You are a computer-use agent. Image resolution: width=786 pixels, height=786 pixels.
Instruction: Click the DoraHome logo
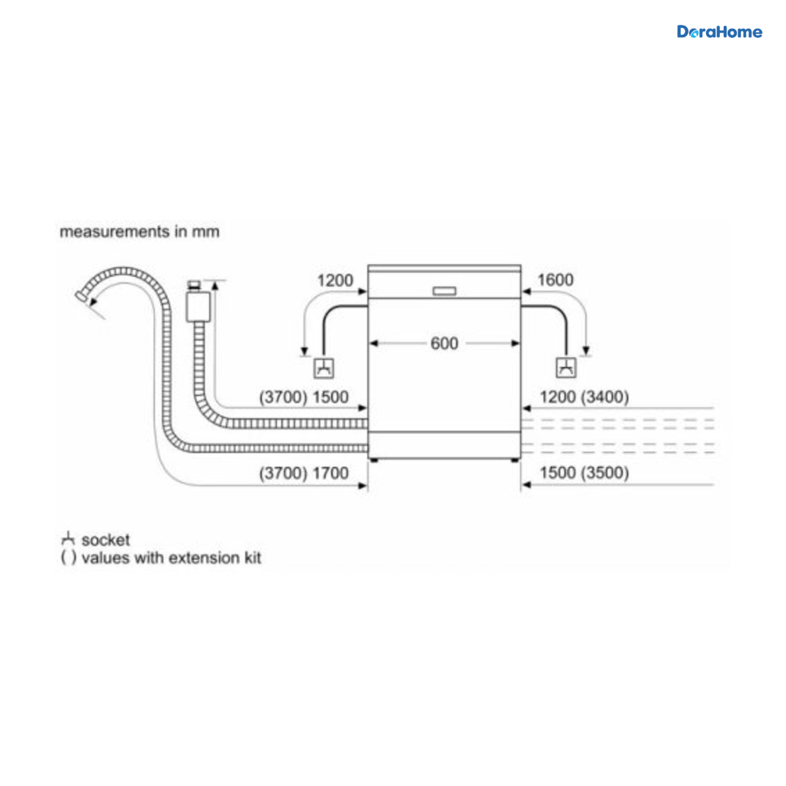pos(719,32)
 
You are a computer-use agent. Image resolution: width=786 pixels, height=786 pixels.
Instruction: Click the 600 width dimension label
pos(444,343)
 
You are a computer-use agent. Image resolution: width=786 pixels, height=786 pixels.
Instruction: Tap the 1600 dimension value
pos(555,280)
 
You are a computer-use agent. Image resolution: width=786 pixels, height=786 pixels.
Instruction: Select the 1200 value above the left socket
pos(335,280)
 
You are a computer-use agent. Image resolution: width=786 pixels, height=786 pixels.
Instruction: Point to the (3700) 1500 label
pos(304,397)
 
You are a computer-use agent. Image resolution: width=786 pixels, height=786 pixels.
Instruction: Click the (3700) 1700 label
pos(304,473)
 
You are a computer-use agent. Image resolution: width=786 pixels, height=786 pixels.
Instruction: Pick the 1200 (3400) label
pos(584,397)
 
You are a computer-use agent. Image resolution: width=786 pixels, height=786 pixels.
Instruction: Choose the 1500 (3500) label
pos(584,473)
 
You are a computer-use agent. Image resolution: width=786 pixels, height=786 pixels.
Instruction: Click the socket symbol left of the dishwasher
pos(324,368)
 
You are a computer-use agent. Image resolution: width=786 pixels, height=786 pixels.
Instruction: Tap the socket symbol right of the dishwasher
pos(566,368)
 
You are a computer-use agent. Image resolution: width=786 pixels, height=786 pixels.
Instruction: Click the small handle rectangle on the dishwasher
pos(444,291)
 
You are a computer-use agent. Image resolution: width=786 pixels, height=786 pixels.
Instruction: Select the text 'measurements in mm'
pos(140,232)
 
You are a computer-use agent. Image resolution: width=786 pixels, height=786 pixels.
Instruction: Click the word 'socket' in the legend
pos(105,540)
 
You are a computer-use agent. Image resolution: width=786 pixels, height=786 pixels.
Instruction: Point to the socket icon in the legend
pos(67,539)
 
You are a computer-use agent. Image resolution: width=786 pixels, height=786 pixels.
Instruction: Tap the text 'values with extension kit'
pos(172,558)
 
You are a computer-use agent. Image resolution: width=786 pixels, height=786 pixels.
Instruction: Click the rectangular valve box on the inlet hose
pos(198,307)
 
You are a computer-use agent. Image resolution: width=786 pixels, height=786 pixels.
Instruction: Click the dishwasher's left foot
pos(373,460)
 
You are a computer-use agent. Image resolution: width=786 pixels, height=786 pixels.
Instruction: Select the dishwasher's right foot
pos(515,460)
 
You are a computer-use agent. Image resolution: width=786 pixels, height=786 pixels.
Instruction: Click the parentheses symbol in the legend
pos(68,558)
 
